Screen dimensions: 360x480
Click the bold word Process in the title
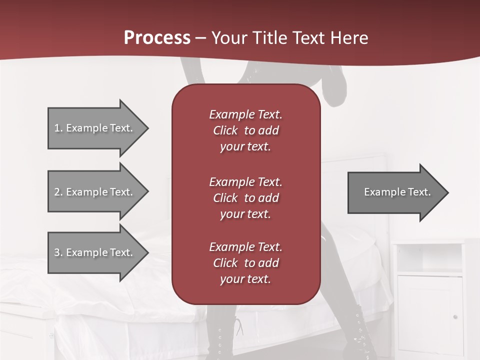pos(157,37)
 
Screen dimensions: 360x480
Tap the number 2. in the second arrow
pos(58,192)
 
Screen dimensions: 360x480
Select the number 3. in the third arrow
pos(58,252)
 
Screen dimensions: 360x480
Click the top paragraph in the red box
pos(245,130)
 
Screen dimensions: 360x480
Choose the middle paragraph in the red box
pos(245,198)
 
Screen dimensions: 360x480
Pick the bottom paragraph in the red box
pos(245,263)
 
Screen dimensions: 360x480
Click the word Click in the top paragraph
pos(225,130)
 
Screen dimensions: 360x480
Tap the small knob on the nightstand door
pos(454,316)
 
